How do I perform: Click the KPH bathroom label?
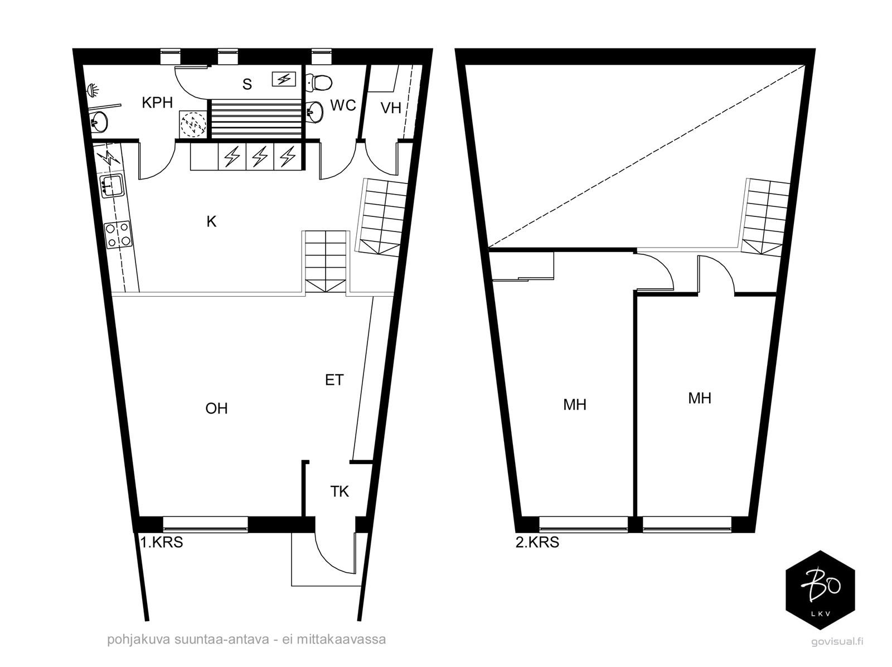[157, 103]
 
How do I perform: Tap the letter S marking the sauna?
[247, 84]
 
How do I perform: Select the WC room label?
[343, 105]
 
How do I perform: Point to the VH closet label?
[391, 108]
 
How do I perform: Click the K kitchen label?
[211, 221]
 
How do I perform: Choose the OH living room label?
[216, 408]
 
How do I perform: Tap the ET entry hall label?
[334, 380]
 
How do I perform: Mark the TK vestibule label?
[340, 491]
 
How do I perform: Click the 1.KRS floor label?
[161, 542]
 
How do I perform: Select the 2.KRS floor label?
[537, 542]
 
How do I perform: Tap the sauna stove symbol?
[284, 79]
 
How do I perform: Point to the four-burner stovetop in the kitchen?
[118, 235]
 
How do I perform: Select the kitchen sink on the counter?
[111, 186]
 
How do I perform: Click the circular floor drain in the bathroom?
[194, 123]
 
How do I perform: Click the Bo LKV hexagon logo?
[820, 590]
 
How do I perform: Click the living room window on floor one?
[205, 524]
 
